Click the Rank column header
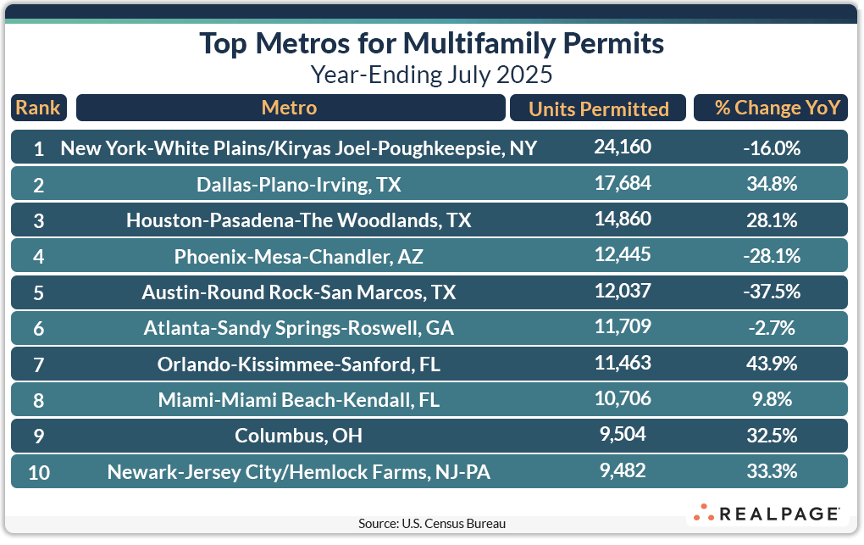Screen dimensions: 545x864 [x=38, y=108]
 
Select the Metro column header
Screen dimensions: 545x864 [x=290, y=108]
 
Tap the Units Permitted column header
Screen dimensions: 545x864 [x=598, y=108]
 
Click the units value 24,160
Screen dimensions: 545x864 [x=623, y=147]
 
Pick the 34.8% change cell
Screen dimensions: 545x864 [x=770, y=185]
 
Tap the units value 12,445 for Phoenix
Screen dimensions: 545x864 [x=623, y=255]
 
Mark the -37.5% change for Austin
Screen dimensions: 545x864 [x=770, y=292]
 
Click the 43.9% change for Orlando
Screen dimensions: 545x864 [x=770, y=364]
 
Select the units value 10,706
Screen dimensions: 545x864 [x=623, y=398]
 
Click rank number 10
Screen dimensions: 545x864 [x=39, y=472]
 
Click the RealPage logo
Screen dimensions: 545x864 [x=767, y=513]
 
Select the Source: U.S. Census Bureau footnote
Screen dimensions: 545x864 [x=432, y=524]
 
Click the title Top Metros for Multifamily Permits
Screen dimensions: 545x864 [x=431, y=43]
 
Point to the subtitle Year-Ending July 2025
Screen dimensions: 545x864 [x=431, y=75]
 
